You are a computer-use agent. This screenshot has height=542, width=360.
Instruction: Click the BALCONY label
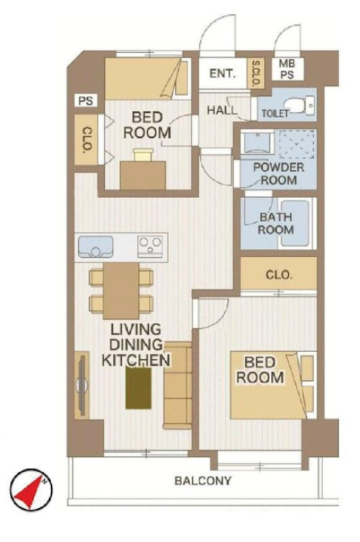203,481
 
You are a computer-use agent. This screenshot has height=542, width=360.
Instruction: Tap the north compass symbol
31,490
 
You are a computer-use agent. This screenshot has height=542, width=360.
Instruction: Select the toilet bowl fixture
300,106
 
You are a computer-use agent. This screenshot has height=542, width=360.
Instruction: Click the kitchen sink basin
96,247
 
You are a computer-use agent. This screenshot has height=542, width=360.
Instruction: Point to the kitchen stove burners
150,246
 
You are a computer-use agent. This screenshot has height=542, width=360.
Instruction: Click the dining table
121,291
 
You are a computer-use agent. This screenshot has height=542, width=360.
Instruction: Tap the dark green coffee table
138,388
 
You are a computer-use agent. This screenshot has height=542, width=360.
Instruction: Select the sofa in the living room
178,385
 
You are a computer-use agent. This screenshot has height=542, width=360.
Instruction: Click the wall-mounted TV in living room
82,385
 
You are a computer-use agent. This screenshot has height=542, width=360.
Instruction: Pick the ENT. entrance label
222,74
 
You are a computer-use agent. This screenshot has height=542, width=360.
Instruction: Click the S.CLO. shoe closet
256,73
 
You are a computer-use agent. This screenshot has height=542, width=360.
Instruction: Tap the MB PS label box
287,69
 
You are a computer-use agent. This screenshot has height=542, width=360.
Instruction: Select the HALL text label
222,110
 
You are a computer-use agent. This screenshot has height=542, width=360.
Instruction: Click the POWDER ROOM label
279,173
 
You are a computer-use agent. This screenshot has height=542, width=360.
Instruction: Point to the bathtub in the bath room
295,224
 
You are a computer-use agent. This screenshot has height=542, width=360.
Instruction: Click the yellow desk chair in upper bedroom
143,154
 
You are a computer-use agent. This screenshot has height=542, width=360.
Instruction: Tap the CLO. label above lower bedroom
279,275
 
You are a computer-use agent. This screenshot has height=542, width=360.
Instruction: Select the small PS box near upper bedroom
86,101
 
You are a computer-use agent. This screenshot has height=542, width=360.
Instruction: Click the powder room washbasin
259,142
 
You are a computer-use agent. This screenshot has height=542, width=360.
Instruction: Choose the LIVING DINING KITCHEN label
136,345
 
